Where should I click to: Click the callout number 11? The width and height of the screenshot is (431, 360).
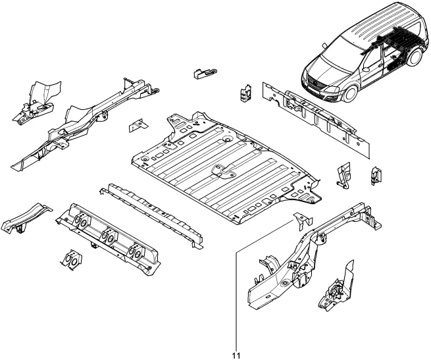pos(236,355)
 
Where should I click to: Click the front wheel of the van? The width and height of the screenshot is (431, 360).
pos(351,93)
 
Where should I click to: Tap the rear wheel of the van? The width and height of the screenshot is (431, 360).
pos(415,57)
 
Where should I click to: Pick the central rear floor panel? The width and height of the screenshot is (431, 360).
pos(226,168)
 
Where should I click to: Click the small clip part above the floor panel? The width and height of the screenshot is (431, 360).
pos(205,73)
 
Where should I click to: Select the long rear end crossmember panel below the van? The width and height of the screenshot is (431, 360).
pos(316,120)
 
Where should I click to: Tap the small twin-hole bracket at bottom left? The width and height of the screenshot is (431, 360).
pos(71,259)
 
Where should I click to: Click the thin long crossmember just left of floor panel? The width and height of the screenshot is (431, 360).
pos(151,215)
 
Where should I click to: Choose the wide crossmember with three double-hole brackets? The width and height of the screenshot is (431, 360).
pos(109,239)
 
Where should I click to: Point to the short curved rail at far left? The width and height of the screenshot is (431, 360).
pos(26,219)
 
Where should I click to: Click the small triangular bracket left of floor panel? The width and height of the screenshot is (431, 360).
pos(139,126)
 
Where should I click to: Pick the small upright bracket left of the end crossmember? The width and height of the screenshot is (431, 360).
pos(245,93)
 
